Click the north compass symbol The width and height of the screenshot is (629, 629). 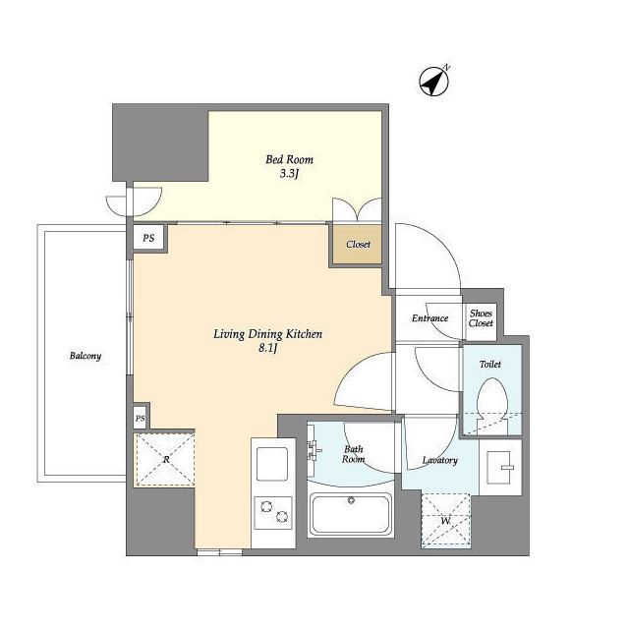point(433,82)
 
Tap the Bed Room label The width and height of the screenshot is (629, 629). point(289,159)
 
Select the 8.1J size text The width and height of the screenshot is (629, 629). point(268,348)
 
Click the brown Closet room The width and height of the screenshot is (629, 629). point(357,245)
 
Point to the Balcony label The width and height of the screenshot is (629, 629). point(86,356)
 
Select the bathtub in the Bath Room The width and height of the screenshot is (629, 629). point(351,515)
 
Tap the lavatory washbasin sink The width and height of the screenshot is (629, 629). point(500,467)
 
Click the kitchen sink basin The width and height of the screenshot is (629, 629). point(272,464)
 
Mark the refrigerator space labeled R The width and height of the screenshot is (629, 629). point(166,460)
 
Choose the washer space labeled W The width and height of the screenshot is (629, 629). point(445,521)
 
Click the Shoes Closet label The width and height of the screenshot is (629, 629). point(481,318)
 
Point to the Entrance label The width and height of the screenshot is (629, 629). point(429,318)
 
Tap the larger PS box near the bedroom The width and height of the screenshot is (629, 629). point(148,238)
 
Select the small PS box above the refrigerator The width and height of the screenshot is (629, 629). point(140,419)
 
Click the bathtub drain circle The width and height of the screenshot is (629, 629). point(352,500)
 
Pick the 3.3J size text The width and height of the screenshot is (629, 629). point(289,175)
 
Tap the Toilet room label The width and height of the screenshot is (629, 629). point(490,365)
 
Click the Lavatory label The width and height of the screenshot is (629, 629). point(439,461)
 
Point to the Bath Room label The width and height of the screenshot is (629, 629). point(353,454)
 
